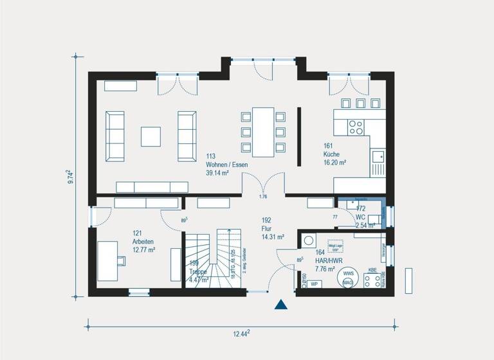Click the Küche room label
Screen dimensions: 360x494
point(332,155)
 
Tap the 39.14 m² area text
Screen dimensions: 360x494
point(217,174)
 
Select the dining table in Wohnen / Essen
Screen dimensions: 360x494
point(263,132)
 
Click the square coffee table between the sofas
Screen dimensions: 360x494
point(151,136)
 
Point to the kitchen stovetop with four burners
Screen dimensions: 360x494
point(356,127)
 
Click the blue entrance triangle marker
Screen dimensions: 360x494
point(281,304)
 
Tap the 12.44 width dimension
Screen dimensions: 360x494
point(241,333)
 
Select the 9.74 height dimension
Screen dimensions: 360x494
point(70,177)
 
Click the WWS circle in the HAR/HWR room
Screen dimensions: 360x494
point(348,273)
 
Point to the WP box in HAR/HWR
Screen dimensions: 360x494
point(315,283)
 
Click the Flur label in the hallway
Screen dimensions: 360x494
point(267,228)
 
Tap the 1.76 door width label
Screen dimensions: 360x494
point(262,196)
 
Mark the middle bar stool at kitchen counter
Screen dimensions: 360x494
point(360,103)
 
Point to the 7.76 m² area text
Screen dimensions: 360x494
point(326,269)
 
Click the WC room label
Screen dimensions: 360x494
point(360,217)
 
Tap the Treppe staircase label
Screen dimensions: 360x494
point(198,272)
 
